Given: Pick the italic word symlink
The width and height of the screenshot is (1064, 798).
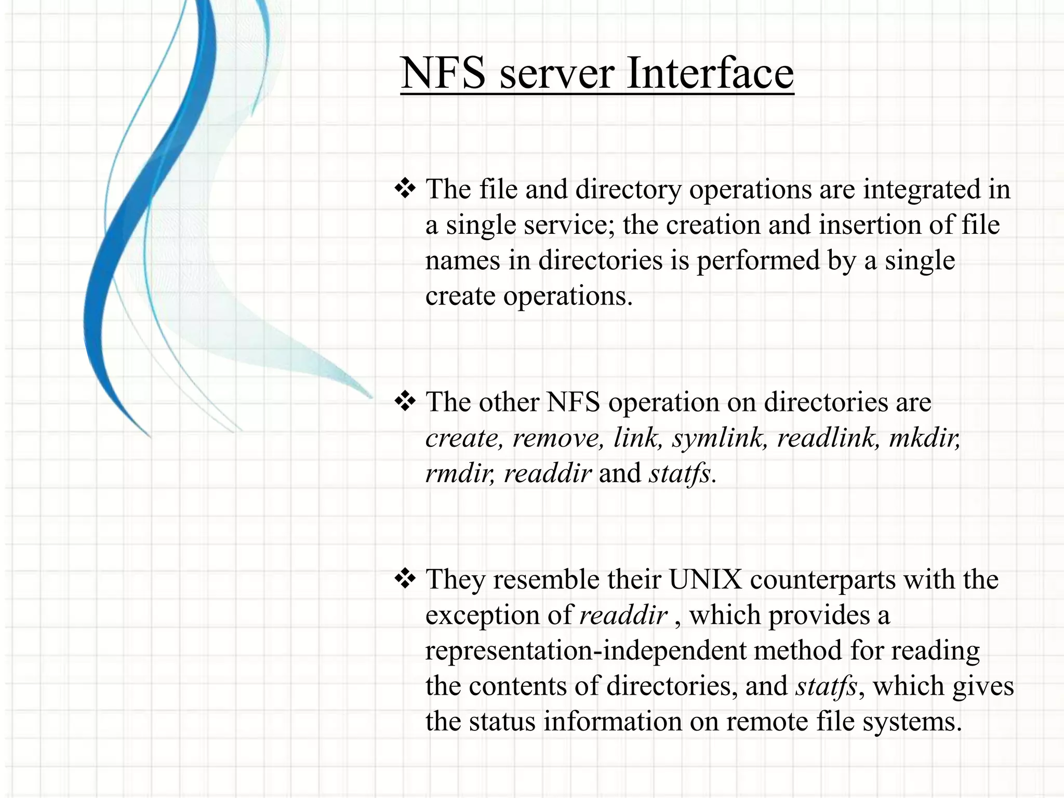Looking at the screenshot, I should (x=720, y=437).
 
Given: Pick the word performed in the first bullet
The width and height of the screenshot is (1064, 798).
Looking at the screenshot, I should (x=757, y=261).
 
